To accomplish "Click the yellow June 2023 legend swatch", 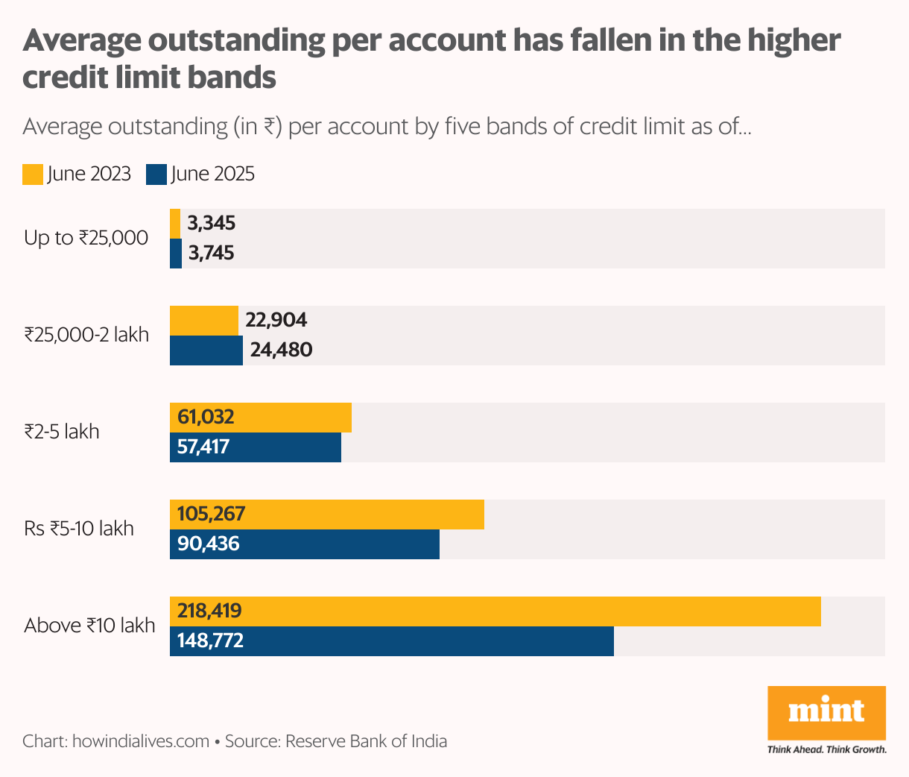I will coord(33,174).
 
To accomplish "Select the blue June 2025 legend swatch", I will coord(156,174).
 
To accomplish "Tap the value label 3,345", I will coord(212,223).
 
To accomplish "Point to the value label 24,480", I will coord(281,350).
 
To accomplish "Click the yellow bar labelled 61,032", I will coord(261,418).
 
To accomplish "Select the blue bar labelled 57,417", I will coord(256,447).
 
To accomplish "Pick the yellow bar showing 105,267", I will coord(327,515).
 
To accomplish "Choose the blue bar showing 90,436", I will coord(305,544).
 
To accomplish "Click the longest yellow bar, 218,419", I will coord(495,611).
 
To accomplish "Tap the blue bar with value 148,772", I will coord(392,641).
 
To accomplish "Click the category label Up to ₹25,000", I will coord(86,239).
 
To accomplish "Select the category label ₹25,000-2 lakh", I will coord(86,335).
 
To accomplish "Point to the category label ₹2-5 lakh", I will coord(62,432).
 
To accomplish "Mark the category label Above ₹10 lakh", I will coord(89,626).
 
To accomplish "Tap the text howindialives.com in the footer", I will coord(140,741).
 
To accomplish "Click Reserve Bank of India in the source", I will coord(366,741).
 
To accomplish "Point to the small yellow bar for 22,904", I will coord(204,321).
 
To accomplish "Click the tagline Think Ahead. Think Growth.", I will coord(826,749).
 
